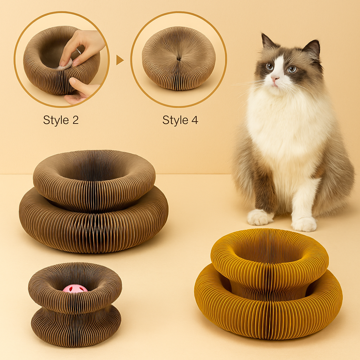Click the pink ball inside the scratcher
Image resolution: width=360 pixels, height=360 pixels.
click(75, 288)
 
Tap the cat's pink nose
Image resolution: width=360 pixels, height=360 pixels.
click(275, 77)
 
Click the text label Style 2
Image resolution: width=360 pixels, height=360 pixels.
click(61, 120)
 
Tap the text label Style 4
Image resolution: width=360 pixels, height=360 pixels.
click(180, 120)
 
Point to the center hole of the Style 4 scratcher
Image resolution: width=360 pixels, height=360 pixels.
click(179, 58)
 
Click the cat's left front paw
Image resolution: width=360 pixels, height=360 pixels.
click(304, 224)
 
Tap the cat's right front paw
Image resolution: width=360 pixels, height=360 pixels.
click(260, 217)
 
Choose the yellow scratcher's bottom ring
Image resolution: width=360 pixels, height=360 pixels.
click(268, 317)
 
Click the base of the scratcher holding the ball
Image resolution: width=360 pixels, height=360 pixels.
click(76, 326)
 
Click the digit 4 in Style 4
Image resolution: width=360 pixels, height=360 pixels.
click(194, 120)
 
